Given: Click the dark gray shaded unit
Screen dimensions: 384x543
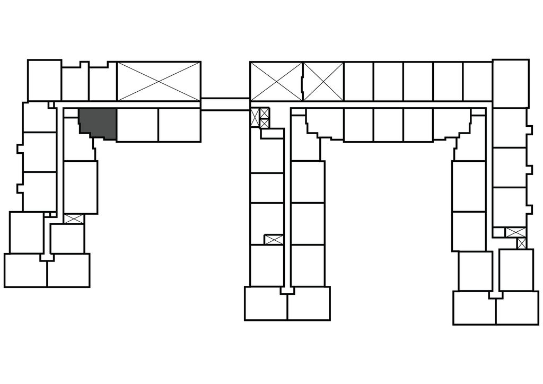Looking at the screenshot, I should [97, 123].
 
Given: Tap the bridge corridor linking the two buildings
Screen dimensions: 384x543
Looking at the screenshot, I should [225, 104].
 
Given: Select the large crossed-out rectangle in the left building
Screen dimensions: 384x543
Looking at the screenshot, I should [159, 81].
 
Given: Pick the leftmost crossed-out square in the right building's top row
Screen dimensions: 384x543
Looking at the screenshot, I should [276, 81].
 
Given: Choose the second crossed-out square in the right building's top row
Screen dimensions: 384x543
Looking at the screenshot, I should [323, 81].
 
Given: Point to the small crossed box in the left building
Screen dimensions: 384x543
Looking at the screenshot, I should [74, 219].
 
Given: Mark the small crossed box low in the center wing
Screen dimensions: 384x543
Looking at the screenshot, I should [274, 240].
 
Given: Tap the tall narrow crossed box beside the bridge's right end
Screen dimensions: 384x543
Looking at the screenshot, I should [255, 116].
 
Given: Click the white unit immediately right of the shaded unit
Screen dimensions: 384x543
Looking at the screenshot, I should [137, 125].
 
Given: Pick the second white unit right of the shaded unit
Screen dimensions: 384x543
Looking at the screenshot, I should [179, 125].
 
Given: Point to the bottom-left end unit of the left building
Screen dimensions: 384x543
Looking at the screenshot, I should [25, 270].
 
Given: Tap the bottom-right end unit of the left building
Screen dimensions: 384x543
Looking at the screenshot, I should [68, 270].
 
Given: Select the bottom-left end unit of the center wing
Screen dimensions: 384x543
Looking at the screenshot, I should [266, 304].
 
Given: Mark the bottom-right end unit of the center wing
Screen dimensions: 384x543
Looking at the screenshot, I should [308, 304].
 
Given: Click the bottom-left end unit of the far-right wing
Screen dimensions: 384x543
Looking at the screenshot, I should [474, 308].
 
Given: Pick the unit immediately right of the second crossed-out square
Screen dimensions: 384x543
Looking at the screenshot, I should [358, 81].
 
